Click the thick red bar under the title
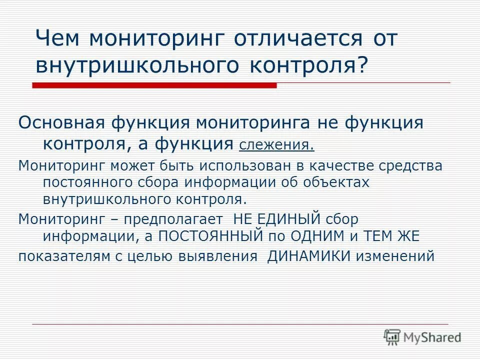coord(154,85)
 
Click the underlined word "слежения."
coord(277,145)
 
